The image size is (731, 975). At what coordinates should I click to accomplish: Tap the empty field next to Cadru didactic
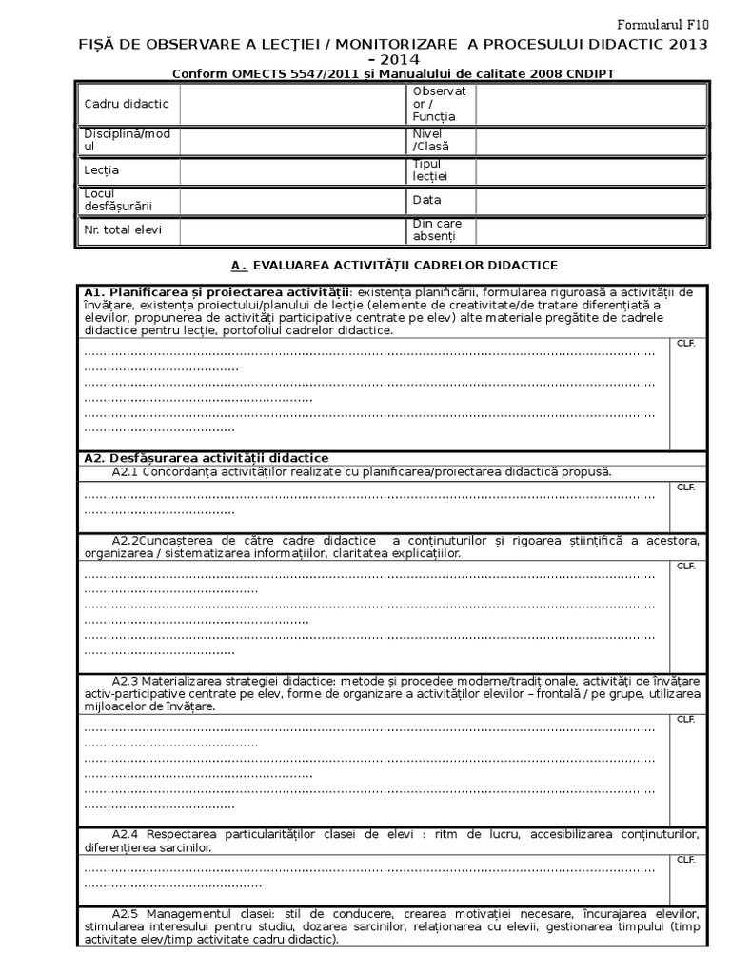click(291, 103)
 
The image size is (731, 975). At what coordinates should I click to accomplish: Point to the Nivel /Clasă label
click(430, 140)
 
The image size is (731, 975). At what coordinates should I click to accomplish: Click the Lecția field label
click(102, 169)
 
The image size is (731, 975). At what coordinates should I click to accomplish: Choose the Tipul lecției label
click(430, 169)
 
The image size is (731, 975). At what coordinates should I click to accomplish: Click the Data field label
click(426, 200)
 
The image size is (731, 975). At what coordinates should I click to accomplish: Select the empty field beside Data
click(590, 200)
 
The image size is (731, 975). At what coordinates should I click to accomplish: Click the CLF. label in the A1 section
click(685, 343)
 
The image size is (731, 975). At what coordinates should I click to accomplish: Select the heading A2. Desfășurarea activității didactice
click(207, 458)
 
